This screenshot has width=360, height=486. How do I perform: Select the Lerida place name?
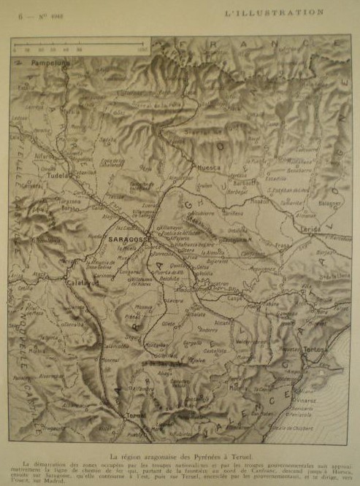(310, 229)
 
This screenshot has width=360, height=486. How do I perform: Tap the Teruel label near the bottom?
(137, 415)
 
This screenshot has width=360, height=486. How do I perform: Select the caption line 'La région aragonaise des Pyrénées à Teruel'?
(180, 452)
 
